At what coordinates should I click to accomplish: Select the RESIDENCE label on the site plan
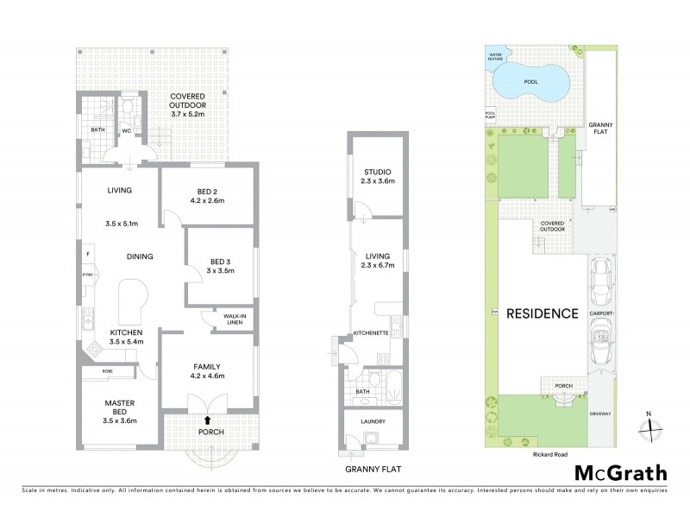[x=542, y=313]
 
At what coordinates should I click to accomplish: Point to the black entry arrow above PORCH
[x=206, y=420]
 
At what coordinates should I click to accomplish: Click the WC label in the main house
[x=126, y=131]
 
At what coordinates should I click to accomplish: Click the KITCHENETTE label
[x=371, y=332]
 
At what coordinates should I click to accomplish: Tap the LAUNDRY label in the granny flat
[x=373, y=421]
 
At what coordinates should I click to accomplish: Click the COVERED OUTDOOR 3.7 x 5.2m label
[x=186, y=104]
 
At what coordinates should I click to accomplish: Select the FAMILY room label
[x=207, y=365]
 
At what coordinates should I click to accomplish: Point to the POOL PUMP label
[x=490, y=115]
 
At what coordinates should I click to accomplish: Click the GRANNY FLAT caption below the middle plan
[x=373, y=471]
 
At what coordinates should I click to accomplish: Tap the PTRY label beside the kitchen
[x=87, y=275]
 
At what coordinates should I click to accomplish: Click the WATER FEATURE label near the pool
[x=497, y=57]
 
